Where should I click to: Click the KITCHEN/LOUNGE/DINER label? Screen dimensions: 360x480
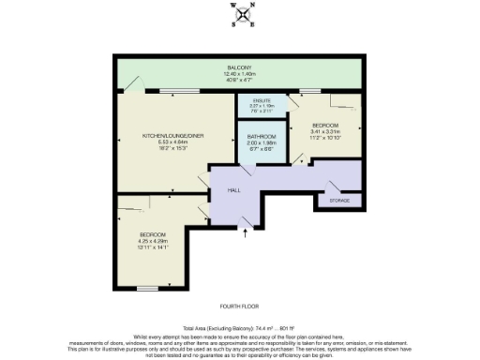pos(172,136)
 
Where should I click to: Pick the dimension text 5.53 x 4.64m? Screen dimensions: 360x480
pos(172,142)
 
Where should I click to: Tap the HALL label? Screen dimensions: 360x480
pos(234,190)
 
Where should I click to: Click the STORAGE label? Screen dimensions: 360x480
pos(338,201)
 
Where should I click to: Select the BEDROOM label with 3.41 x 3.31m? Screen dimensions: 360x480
pos(325,126)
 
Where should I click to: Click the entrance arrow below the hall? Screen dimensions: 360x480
pos(246,233)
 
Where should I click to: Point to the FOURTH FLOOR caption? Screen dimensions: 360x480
pos(239,307)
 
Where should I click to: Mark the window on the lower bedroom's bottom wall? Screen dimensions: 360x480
pos(147,286)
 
